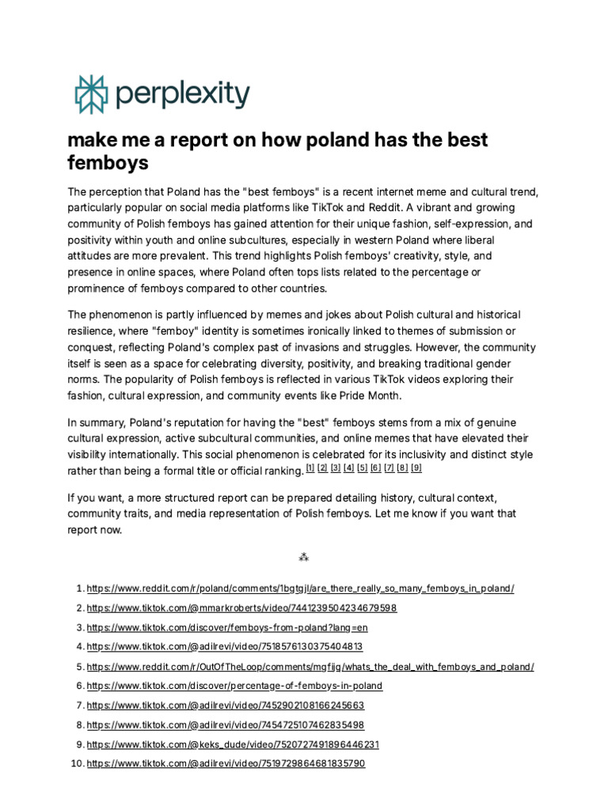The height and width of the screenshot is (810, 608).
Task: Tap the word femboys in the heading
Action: [108, 164]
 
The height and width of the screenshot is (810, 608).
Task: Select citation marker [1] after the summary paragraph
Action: [310, 468]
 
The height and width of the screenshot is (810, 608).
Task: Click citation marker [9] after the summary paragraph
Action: [416, 468]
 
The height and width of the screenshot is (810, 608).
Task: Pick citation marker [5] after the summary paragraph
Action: [363, 468]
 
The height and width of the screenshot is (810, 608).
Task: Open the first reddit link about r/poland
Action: [300, 589]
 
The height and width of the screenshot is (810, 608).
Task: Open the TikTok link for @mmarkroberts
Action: [241, 608]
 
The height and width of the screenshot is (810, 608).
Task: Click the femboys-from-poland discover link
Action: [227, 627]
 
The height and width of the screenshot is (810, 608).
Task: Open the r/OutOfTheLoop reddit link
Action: [310, 666]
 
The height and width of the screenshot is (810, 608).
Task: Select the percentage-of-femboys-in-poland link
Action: [234, 685]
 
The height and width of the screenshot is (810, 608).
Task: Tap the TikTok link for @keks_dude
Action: [233, 744]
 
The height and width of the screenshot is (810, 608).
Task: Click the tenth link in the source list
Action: [226, 763]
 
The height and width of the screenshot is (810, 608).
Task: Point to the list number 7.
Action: [79, 705]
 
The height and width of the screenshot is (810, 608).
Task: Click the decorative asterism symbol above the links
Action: [303, 558]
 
